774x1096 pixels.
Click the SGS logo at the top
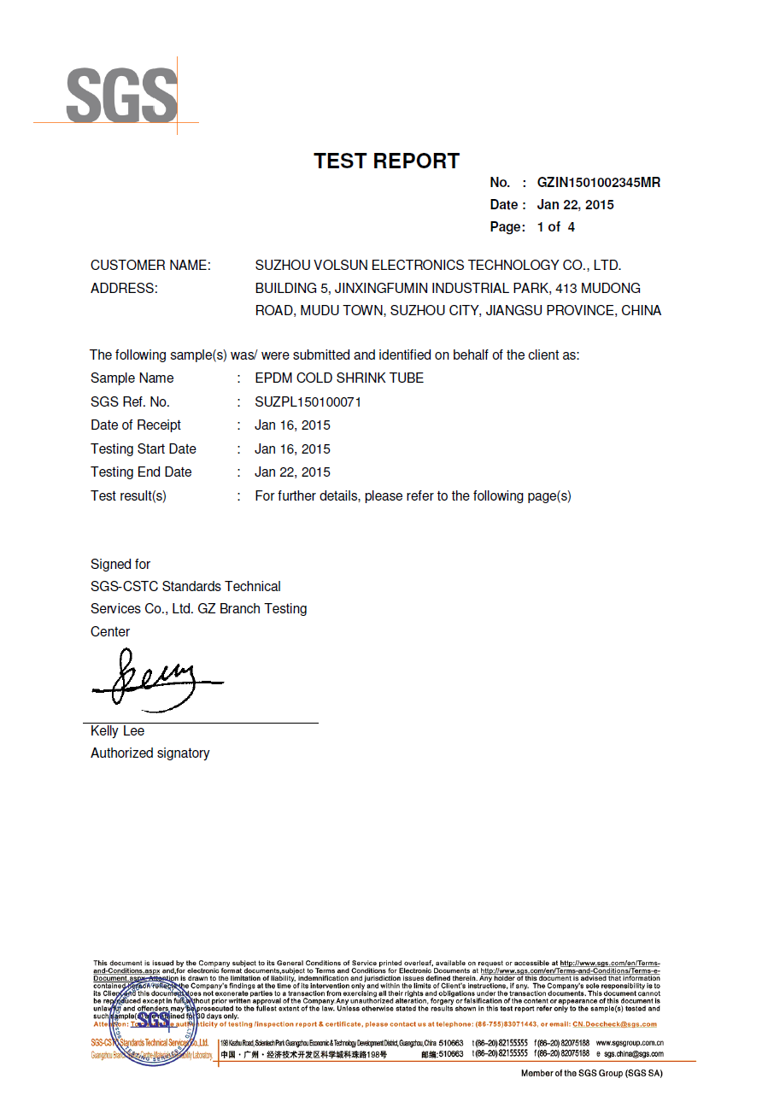tap(121, 95)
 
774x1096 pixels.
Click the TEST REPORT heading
tap(386, 161)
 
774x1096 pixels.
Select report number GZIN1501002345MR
tap(598, 182)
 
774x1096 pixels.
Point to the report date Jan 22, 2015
tap(575, 204)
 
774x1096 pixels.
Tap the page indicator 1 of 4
tap(555, 226)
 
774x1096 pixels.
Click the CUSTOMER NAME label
tap(150, 265)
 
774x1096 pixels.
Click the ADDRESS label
tap(124, 288)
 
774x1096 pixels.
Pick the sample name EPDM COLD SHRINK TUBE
tap(339, 378)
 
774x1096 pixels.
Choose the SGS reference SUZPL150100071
tap(308, 401)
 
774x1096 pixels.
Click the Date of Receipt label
tap(136, 425)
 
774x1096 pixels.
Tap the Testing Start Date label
tap(144, 448)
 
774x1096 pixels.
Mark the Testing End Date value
tap(292, 472)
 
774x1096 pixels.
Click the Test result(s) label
tap(128, 495)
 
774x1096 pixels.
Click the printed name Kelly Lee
tap(117, 730)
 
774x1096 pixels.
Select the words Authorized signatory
tap(150, 753)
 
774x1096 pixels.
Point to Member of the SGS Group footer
tap(591, 1073)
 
